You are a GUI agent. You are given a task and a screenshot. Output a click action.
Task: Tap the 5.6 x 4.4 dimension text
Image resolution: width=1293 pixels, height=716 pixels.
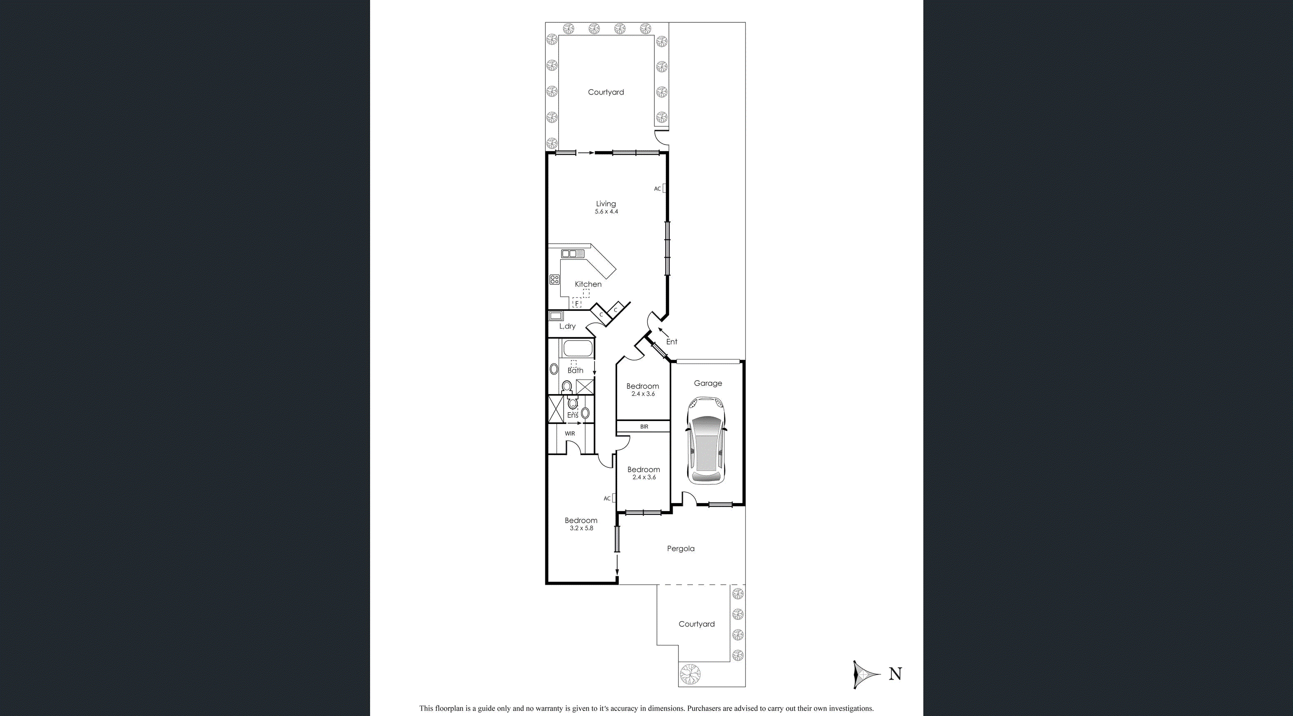tap(606, 212)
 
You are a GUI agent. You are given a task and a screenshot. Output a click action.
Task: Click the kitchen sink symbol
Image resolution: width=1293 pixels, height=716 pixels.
tap(572, 254)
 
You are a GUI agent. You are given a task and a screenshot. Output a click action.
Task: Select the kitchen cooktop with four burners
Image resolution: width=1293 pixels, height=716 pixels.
tap(554, 279)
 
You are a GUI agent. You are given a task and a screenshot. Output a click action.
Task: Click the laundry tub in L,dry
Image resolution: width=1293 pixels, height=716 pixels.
tap(556, 316)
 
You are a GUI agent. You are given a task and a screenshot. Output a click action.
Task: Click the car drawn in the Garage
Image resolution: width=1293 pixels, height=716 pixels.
tap(706, 440)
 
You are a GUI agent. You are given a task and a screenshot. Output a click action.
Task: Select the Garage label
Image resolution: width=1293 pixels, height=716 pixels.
tap(708, 383)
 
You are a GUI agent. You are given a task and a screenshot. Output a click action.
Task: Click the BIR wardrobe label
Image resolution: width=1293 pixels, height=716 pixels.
tap(644, 426)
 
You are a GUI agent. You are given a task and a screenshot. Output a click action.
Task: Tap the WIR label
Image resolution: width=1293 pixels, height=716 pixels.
tap(570, 433)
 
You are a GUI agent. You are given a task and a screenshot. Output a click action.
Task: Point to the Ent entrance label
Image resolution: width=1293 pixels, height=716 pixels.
tap(672, 342)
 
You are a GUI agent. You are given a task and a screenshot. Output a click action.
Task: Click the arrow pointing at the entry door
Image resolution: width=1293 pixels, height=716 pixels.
tap(663, 331)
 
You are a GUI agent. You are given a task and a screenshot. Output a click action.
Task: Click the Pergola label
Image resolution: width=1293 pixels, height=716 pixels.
tap(680, 549)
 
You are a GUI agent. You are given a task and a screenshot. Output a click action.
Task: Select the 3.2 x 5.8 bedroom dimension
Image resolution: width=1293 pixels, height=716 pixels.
tap(581, 528)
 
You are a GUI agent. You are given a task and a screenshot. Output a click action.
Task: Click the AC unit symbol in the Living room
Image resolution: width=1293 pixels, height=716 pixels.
tap(664, 188)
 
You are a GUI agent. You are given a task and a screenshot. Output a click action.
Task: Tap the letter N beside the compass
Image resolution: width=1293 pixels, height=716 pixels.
tap(895, 674)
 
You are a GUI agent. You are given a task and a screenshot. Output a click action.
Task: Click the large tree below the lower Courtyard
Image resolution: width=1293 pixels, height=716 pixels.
tap(689, 674)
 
